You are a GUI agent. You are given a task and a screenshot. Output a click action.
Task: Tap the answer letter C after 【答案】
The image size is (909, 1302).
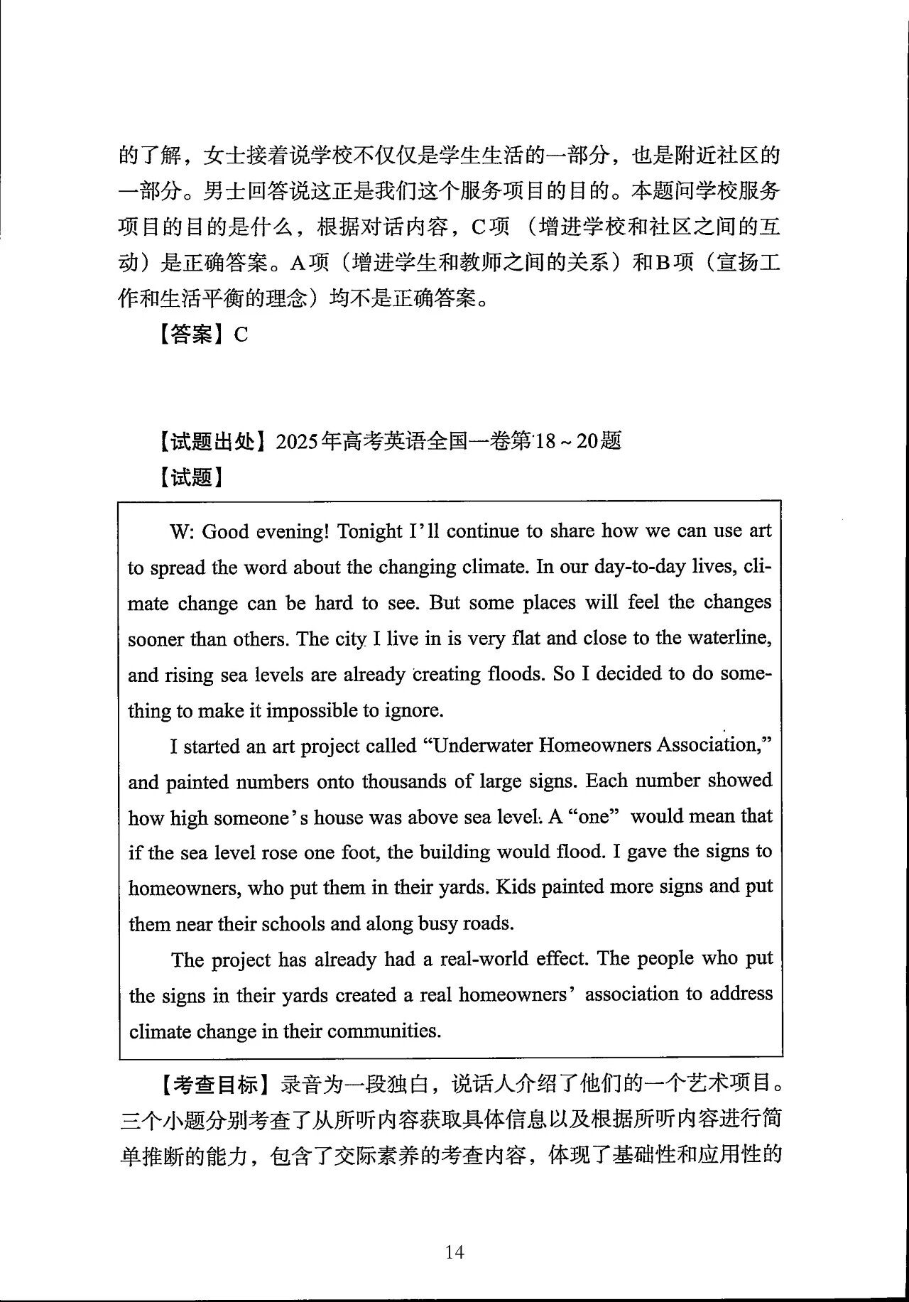(241, 335)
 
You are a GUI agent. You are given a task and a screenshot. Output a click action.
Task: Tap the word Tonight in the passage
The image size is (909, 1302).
(369, 531)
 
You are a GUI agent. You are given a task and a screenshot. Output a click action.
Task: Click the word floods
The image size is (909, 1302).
(516, 673)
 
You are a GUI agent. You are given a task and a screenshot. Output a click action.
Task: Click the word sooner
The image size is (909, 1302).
(156, 639)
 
